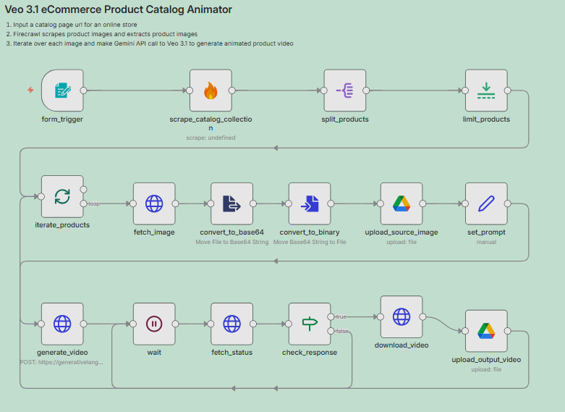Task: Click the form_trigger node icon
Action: [62, 91]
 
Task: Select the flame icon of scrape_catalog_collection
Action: [211, 91]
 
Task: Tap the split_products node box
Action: [345, 91]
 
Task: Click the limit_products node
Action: [486, 91]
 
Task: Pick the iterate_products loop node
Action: [62, 196]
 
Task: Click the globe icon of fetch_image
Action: [154, 203]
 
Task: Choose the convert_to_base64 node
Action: [231, 203]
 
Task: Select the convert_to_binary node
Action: [310, 203]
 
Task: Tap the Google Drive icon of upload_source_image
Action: [402, 203]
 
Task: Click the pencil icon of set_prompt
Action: [486, 203]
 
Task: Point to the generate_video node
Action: [62, 324]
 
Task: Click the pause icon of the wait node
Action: [154, 324]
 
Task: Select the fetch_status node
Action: [231, 324]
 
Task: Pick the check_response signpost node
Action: [310, 324]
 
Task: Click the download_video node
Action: [402, 316]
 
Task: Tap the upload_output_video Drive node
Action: [486, 331]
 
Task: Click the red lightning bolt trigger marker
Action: [30, 91]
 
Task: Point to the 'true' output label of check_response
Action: [341, 316]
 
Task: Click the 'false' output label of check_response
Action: [341, 331]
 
